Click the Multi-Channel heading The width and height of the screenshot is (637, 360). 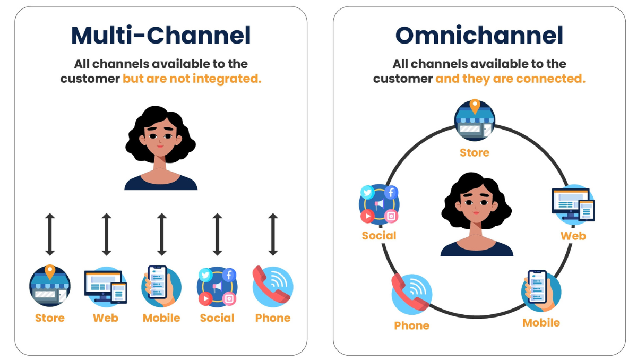161,36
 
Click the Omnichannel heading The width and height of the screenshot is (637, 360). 479,36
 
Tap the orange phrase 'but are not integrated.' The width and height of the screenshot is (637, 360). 192,79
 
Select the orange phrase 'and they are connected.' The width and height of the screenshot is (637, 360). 510,79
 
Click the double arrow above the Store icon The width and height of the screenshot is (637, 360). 50,234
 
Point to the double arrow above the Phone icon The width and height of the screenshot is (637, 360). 273,234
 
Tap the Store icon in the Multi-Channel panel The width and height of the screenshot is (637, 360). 50,287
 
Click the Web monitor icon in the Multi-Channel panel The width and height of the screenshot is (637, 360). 105,287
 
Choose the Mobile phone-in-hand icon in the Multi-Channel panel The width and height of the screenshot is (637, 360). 161,287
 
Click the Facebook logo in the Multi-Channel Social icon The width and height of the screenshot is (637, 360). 229,275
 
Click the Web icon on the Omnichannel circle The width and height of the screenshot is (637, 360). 573,204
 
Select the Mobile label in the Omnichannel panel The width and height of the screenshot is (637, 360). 541,323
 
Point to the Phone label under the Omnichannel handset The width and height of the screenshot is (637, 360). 411,325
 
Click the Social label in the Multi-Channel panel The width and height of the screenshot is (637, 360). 217,318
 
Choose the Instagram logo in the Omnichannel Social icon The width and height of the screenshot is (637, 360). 391,216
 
